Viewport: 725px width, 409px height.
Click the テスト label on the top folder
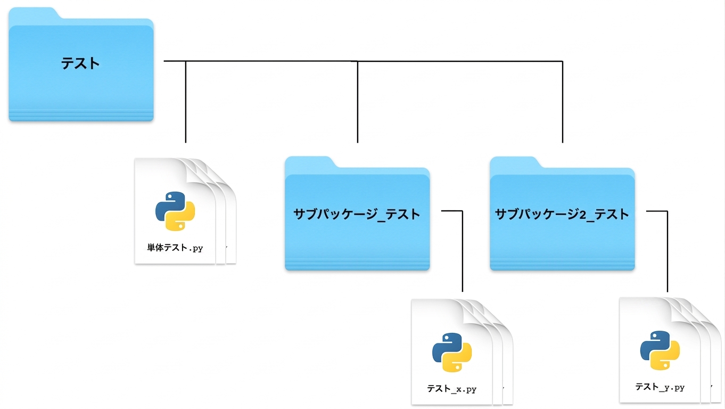point(80,63)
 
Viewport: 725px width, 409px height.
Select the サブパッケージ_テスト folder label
point(357,215)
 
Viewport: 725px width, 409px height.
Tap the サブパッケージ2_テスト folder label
point(562,215)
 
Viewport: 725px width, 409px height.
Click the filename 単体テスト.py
point(175,248)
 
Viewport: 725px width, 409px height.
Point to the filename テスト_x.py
point(452,389)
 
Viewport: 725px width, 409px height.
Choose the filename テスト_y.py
point(660,387)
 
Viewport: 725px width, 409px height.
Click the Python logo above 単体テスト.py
point(175,211)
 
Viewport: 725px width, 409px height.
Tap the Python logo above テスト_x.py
point(452,353)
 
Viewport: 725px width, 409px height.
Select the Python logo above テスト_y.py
point(660,350)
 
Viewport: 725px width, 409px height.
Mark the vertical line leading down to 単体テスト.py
point(186,102)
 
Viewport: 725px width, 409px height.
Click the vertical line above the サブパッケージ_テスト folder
point(358,102)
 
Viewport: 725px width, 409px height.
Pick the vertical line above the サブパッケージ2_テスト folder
point(563,102)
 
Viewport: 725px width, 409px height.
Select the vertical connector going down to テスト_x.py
point(463,251)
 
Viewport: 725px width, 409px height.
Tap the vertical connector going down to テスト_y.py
point(668,251)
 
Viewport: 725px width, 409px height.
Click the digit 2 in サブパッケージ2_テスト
point(583,215)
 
